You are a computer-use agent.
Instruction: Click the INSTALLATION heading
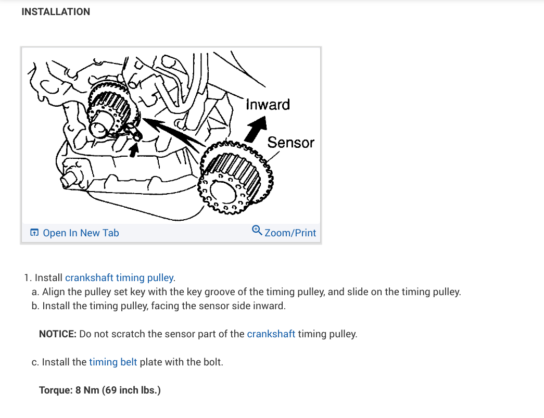56,11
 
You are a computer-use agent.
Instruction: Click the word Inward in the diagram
268,105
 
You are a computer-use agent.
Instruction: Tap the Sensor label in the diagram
291,142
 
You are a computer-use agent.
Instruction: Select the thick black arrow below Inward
255,128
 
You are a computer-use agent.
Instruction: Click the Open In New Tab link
81,233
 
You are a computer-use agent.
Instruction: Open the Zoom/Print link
290,233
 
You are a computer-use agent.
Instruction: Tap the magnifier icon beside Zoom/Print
257,230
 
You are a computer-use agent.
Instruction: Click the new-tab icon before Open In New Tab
34,233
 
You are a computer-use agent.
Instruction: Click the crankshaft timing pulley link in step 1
119,277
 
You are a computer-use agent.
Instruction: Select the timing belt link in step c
113,362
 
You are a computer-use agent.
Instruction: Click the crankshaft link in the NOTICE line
271,334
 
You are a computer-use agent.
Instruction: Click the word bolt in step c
211,362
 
